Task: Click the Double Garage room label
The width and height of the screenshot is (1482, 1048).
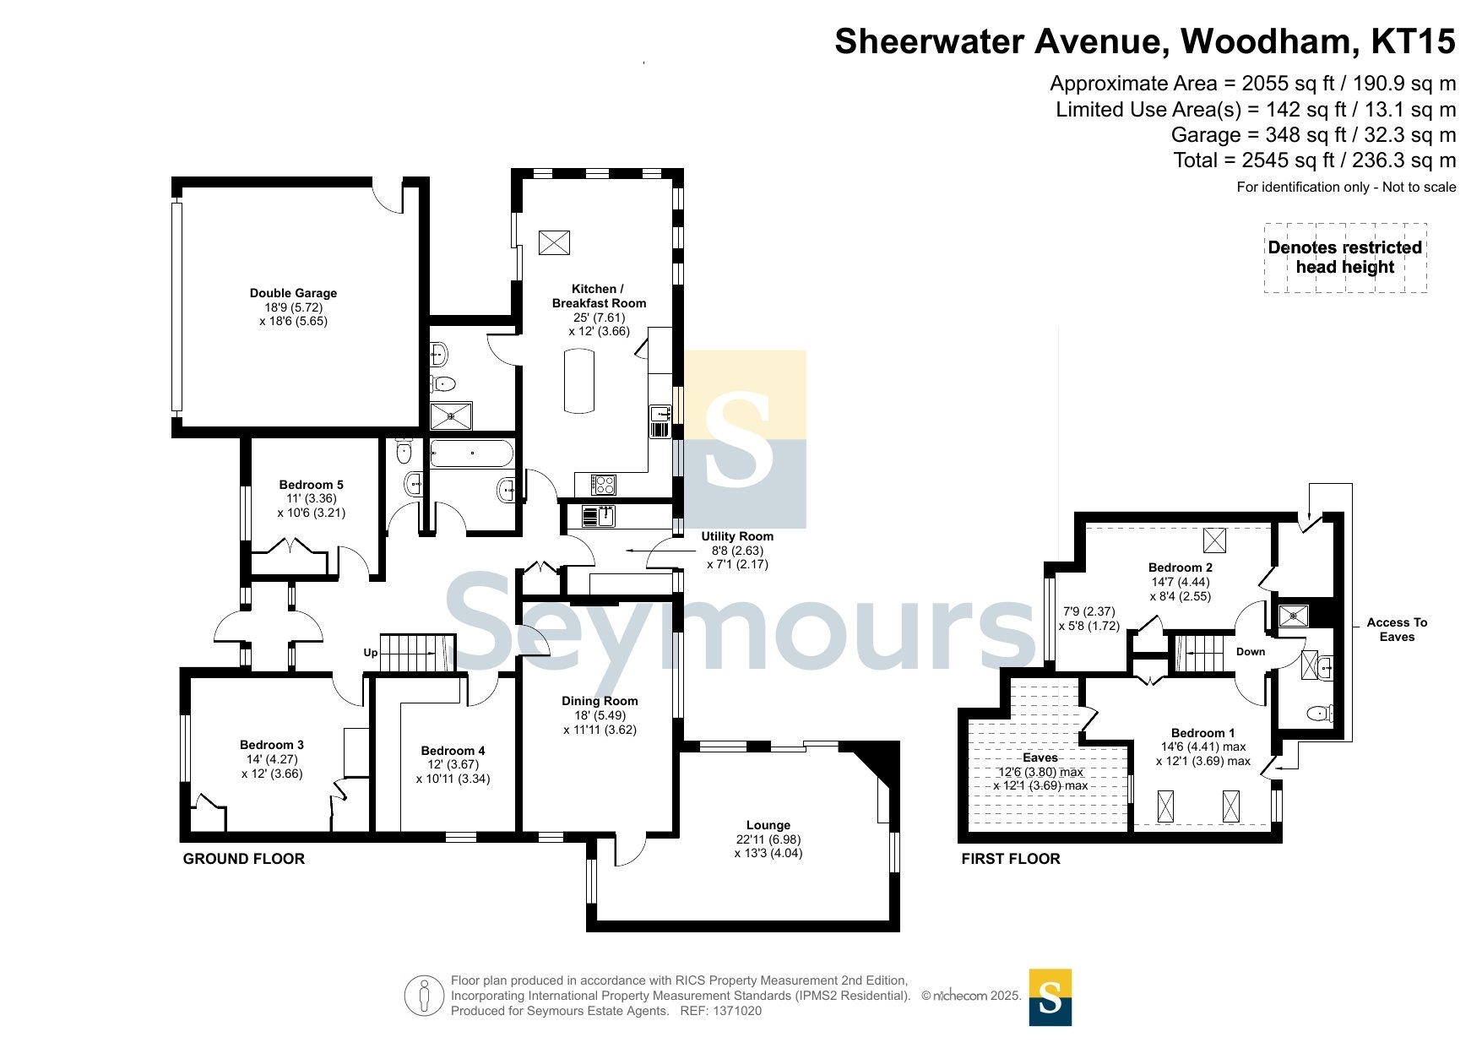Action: tap(293, 293)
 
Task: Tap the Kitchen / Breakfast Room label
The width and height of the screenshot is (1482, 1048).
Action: tap(599, 296)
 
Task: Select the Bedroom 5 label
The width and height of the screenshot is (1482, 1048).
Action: tap(311, 485)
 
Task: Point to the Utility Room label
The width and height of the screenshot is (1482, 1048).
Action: tap(737, 536)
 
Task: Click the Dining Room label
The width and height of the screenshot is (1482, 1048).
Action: tap(600, 701)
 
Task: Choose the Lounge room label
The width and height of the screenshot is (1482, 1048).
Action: tap(768, 825)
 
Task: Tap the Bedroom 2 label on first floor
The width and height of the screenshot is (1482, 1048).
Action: tap(1181, 567)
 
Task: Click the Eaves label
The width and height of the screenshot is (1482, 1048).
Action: tap(1040, 757)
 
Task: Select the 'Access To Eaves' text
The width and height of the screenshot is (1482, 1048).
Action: tap(1397, 629)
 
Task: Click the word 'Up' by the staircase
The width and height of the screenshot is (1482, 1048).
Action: tap(371, 653)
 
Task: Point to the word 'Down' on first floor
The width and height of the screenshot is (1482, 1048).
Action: tap(1251, 652)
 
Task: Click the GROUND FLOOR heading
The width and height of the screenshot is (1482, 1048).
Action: tap(244, 859)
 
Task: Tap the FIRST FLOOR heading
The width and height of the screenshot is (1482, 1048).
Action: tap(1011, 859)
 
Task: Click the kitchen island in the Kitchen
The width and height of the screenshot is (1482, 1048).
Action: tap(579, 381)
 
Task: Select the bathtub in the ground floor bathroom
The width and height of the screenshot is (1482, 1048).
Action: tap(471, 453)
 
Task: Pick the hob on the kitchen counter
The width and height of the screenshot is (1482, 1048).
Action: tap(603, 485)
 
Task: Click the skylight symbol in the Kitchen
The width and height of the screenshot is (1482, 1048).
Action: tap(554, 242)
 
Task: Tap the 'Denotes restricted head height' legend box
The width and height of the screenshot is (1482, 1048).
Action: tap(1345, 258)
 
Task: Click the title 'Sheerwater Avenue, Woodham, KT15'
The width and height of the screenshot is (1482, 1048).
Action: tap(1145, 41)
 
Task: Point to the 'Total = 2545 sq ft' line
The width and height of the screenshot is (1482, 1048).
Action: tap(1315, 160)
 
